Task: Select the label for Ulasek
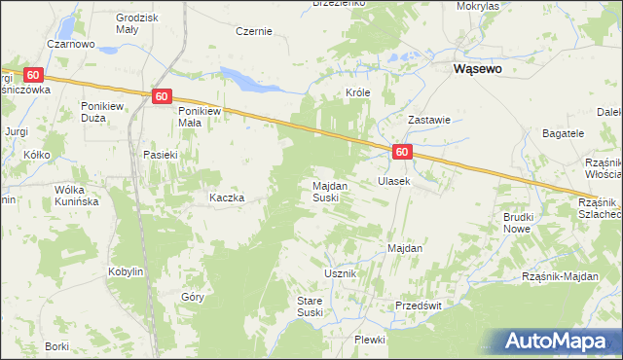point(393,181)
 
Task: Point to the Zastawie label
point(428,120)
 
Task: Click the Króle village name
point(360,92)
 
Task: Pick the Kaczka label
point(226,198)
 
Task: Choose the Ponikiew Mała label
point(202,117)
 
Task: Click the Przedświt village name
point(419,305)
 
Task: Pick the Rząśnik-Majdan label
point(560,277)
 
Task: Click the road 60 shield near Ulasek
point(403,152)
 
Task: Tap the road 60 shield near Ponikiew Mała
point(163,95)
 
